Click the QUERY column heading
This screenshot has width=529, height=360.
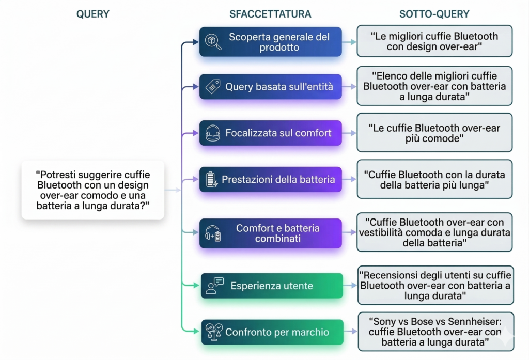point(93,14)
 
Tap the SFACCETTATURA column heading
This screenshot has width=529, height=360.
point(270,14)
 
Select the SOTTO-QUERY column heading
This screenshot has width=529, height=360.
point(434,14)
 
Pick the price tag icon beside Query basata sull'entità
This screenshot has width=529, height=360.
point(213,87)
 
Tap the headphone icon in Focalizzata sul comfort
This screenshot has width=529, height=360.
point(213,133)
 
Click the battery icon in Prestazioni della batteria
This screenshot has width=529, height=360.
point(212,180)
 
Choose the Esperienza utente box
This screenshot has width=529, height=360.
point(271,286)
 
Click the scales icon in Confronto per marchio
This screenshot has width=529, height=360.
point(213,332)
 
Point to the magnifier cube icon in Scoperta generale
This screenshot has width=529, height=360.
point(213,42)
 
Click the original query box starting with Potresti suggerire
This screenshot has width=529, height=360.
point(93,190)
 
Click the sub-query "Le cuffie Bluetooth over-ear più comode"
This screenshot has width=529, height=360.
point(434,133)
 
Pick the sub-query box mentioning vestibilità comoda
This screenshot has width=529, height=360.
point(434,232)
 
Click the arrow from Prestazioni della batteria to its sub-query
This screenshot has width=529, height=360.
point(349,180)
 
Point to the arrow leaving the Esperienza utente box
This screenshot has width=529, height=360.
point(350,286)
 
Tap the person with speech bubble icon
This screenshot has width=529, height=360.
point(214,286)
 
